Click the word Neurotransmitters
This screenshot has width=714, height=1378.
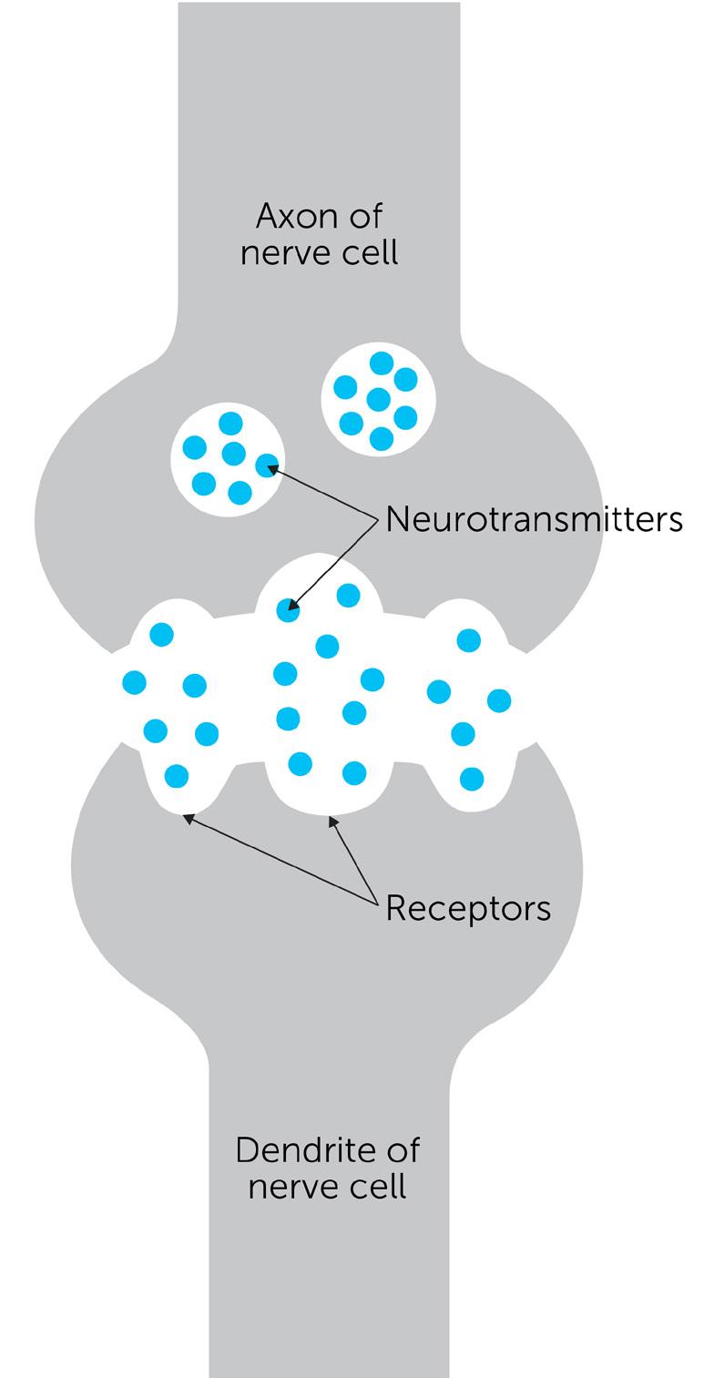click(x=534, y=519)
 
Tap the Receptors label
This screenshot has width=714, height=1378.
click(x=468, y=908)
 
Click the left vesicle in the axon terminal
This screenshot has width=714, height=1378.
click(x=228, y=459)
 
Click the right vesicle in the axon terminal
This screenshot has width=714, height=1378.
click(x=379, y=399)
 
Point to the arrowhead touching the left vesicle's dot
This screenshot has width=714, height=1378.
click(x=271, y=469)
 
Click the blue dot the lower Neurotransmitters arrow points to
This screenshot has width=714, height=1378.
click(x=288, y=610)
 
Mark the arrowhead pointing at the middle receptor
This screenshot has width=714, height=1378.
click(x=333, y=822)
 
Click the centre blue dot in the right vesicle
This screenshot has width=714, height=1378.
click(x=379, y=399)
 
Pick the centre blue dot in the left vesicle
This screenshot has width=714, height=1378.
click(x=233, y=453)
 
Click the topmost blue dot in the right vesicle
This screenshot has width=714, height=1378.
click(x=382, y=363)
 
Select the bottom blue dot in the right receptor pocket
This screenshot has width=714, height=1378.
click(x=472, y=779)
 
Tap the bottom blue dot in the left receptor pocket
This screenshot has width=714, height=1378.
click(x=177, y=776)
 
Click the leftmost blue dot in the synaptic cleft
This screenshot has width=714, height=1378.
click(x=134, y=681)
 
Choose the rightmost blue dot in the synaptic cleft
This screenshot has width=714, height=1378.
click(x=499, y=699)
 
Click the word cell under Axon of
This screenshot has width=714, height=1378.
click(x=367, y=252)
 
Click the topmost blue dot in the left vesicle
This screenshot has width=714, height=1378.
click(x=230, y=423)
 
